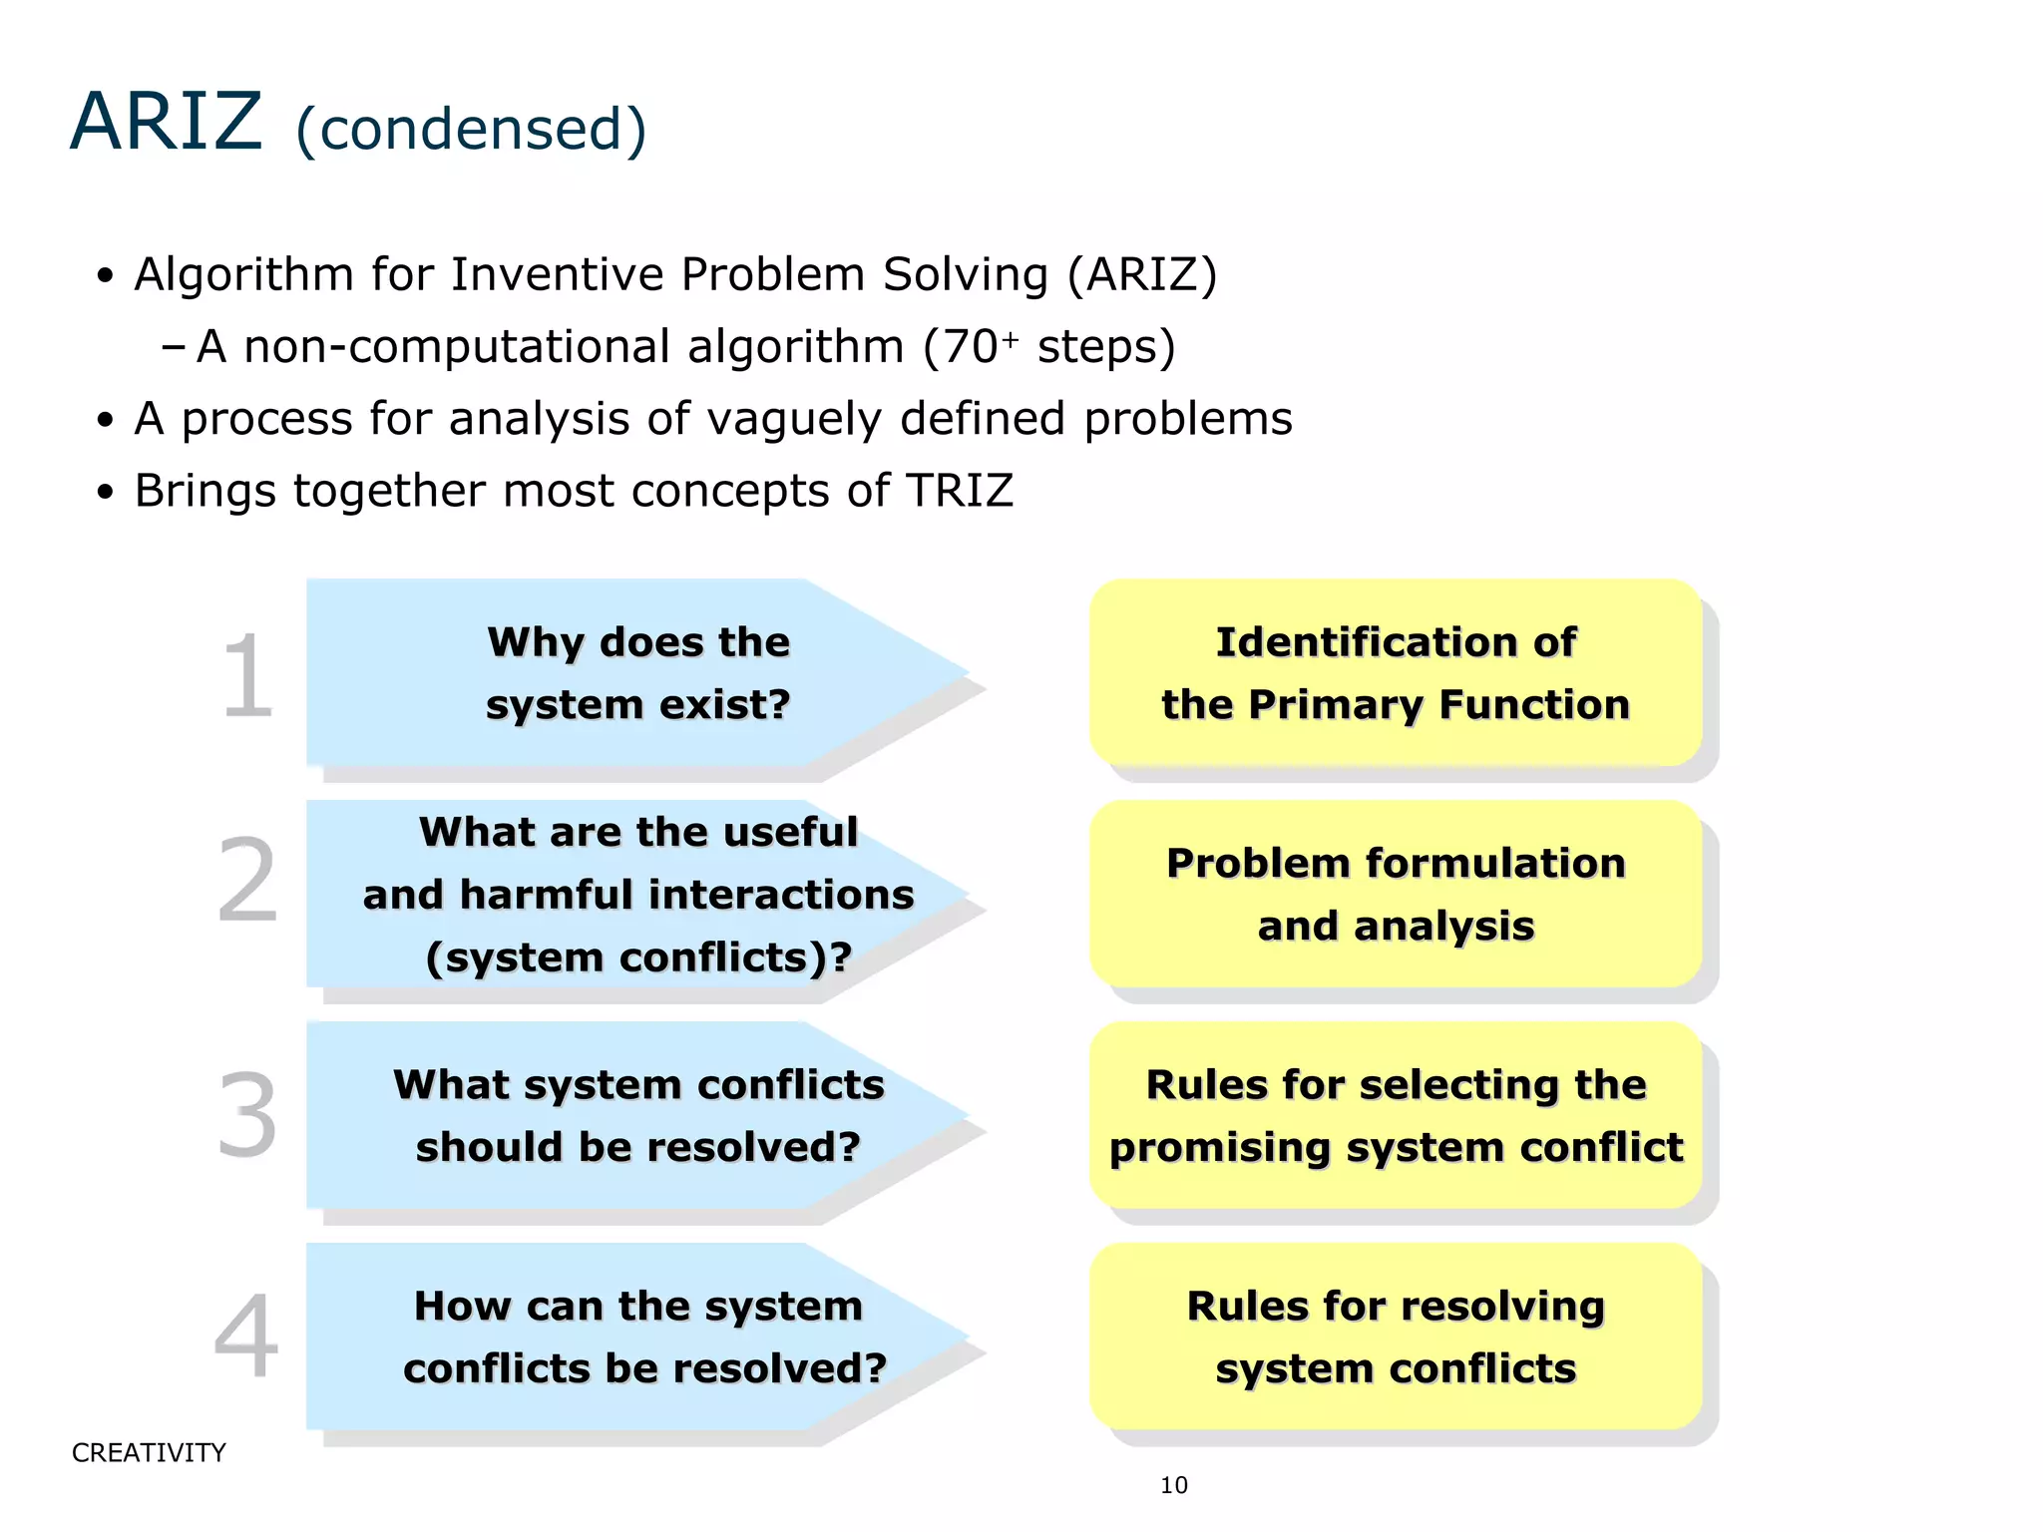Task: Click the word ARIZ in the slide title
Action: click(x=166, y=122)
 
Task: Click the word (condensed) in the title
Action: click(x=471, y=130)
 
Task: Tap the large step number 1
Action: click(x=246, y=676)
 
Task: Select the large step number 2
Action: click(x=246, y=880)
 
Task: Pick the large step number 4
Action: click(x=246, y=1336)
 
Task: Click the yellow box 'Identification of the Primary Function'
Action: click(x=1396, y=673)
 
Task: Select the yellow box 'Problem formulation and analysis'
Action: click(x=1396, y=895)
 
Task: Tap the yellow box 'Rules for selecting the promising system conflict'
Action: click(x=1396, y=1116)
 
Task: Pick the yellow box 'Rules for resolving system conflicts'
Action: click(x=1396, y=1338)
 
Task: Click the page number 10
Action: click(x=1174, y=1486)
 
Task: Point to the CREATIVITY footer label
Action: click(x=149, y=1453)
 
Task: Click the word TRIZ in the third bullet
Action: click(x=959, y=491)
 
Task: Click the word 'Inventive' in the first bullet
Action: click(x=557, y=275)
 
